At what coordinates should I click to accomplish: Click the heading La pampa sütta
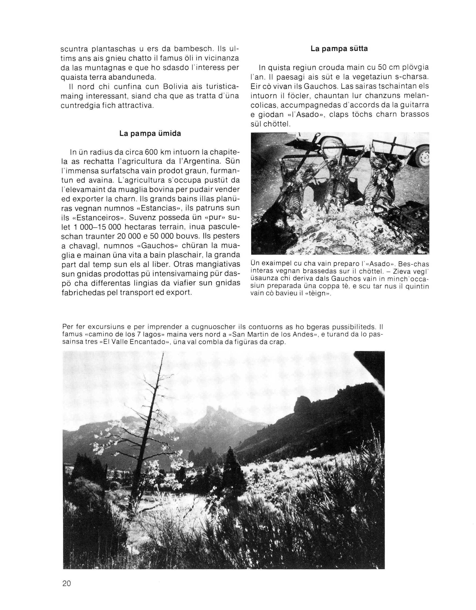[339, 49]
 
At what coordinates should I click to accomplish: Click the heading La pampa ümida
[150, 134]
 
